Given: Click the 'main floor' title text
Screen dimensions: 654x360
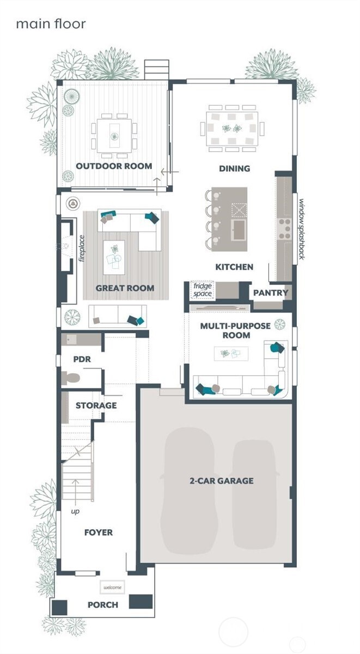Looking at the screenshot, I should [x=51, y=23].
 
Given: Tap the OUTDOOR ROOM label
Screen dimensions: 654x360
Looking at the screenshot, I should [x=114, y=166].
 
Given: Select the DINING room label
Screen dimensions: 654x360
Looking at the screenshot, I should [x=234, y=169].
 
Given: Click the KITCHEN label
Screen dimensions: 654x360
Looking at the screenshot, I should [x=234, y=267].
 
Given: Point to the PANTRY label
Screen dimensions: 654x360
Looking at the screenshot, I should [x=270, y=293].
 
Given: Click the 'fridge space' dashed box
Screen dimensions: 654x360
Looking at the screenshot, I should [x=202, y=290].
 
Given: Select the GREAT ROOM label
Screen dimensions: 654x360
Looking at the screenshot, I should [x=125, y=288].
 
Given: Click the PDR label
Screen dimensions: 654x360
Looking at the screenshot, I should [x=82, y=360].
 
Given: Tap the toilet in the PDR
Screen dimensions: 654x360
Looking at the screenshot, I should [x=71, y=378].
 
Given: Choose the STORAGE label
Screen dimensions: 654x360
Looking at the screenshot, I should [x=96, y=405].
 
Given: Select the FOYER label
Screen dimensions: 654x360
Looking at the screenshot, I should [x=99, y=532].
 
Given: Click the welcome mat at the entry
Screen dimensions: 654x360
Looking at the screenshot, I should [x=112, y=588].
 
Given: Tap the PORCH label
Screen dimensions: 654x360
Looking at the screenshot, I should [x=103, y=605].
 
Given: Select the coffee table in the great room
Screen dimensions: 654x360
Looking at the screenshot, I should [x=114, y=257].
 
